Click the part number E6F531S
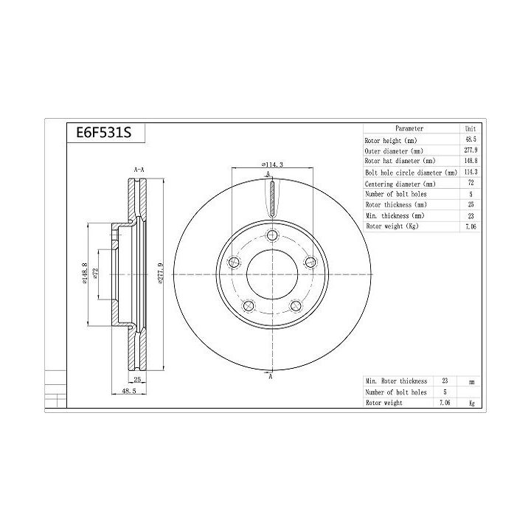(104, 133)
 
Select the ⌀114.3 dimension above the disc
(272, 164)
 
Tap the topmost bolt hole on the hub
(272, 235)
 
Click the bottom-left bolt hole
(249, 306)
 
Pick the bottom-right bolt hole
(296, 306)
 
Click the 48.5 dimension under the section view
(128, 391)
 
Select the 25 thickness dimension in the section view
(137, 379)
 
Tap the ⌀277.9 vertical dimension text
(161, 273)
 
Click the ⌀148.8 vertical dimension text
(85, 273)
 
